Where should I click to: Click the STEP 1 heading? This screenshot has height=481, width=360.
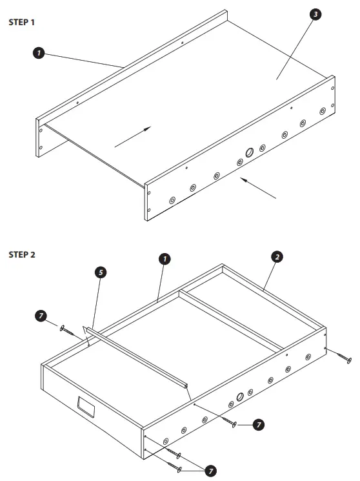point(22,21)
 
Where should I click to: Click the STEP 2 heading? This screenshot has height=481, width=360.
point(22,254)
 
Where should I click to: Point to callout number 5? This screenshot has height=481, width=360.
point(100,273)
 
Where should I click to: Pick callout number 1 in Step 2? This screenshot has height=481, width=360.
point(165,259)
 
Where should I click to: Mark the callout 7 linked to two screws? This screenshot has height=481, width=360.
point(210,471)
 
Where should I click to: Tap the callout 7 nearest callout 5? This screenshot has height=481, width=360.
point(41,316)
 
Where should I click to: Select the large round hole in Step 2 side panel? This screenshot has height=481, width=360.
point(241,396)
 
